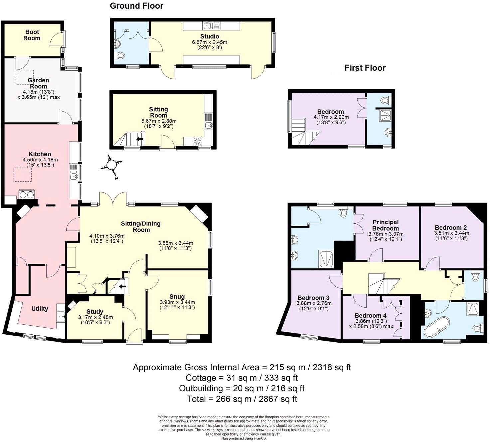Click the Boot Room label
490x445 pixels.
point(32,35)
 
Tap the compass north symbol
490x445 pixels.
point(112,165)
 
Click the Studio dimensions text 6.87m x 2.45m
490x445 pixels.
point(209,42)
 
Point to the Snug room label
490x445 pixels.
point(177,297)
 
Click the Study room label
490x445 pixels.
point(95,312)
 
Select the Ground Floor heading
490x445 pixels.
point(136,6)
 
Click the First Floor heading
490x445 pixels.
point(365,68)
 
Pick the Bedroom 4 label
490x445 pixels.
point(370,315)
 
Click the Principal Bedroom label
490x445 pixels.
point(385,225)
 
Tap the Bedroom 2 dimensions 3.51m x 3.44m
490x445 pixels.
point(451,233)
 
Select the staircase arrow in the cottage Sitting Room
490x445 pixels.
point(140,139)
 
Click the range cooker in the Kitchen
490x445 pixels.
point(27,194)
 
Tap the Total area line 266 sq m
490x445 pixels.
point(242,399)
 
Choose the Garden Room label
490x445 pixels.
point(38,83)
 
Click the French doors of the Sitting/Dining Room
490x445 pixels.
point(113,199)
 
